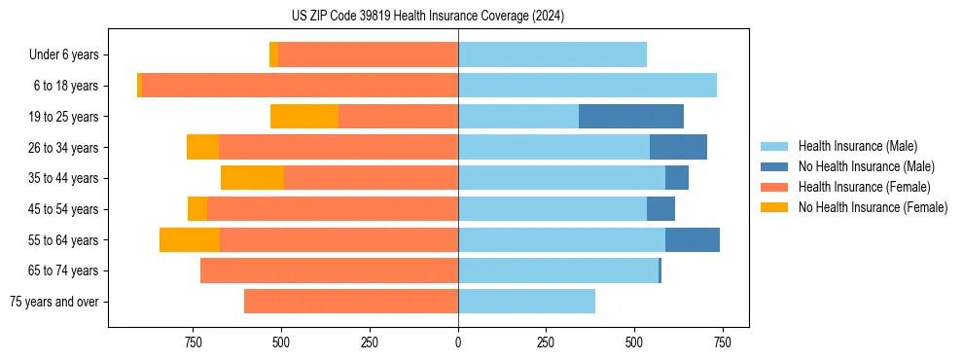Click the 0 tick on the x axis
[458, 342]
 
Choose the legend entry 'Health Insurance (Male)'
[857, 146]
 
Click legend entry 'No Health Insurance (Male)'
[866, 166]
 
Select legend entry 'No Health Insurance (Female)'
[873, 207]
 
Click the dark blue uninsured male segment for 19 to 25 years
[631, 117]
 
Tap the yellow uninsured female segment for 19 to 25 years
[304, 117]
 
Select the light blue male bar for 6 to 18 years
[588, 86]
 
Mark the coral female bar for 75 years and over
[351, 302]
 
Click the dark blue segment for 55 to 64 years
[693, 240]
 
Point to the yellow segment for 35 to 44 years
[252, 178]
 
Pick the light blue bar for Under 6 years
[553, 55]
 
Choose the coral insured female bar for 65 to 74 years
[330, 270]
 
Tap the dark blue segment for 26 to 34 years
[678, 148]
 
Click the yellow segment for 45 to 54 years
[197, 209]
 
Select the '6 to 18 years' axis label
[66, 86]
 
